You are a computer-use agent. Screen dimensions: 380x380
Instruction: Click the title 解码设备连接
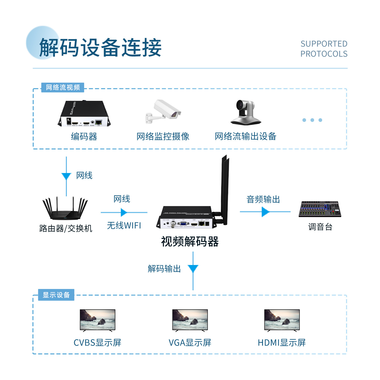click(100, 47)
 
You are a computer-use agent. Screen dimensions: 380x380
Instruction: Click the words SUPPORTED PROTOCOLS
click(324, 49)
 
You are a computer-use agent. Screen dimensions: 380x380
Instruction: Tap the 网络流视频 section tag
click(63, 87)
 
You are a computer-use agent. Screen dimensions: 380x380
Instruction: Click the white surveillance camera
click(164, 112)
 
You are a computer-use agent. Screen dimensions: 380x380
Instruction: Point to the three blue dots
click(312, 120)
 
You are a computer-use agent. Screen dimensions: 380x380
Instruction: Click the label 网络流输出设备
click(245, 136)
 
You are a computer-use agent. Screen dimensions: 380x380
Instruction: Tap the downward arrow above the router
click(66, 176)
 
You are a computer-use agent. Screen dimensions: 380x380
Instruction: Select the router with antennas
click(65, 208)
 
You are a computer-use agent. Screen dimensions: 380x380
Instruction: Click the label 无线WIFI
click(124, 225)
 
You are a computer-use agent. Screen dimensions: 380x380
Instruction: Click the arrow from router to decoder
click(124, 212)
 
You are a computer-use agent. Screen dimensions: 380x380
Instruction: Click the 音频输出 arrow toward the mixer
click(265, 212)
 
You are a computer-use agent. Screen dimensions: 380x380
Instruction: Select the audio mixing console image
click(320, 209)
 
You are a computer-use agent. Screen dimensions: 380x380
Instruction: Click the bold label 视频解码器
click(190, 241)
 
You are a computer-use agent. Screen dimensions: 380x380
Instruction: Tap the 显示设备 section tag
click(56, 295)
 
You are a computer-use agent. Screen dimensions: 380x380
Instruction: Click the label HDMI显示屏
click(282, 343)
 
